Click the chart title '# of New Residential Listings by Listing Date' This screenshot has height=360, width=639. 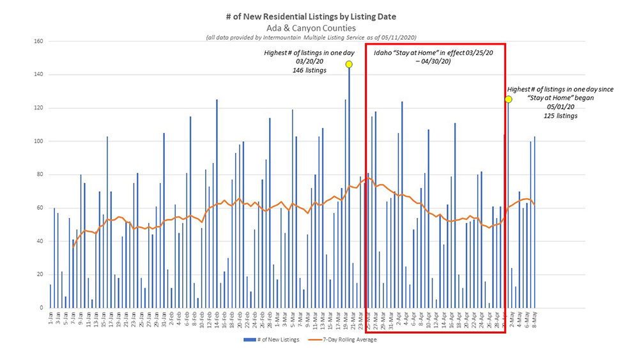click(319, 15)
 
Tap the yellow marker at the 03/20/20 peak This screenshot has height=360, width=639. click(349, 64)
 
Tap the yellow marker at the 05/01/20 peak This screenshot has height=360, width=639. click(508, 99)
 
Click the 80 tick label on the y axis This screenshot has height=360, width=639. click(38, 175)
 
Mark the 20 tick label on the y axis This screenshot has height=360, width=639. click(38, 274)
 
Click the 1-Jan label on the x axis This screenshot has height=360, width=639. click(50, 318)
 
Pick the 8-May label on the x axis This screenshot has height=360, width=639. click(534, 318)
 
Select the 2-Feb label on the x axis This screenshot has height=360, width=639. click(172, 318)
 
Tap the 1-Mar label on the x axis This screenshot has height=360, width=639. click(277, 318)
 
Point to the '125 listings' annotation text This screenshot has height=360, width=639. click(560, 116)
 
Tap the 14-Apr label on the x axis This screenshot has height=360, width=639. click(443, 318)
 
